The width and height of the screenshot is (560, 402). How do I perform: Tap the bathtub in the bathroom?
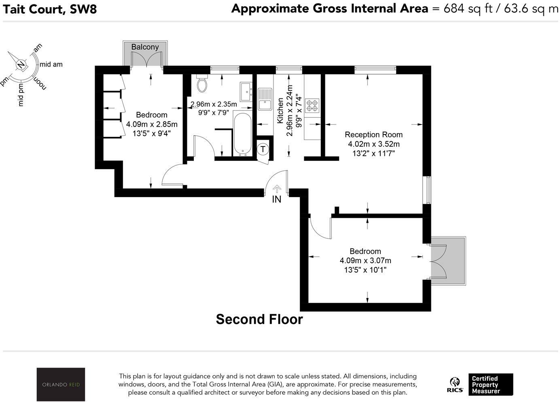pos(242,134)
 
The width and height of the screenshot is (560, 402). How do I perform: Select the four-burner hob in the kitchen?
pos(312,106)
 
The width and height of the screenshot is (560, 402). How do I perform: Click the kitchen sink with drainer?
pos(265,99)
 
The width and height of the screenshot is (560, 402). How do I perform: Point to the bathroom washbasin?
pos(246,91)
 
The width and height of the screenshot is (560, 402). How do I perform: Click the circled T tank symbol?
pos(263,149)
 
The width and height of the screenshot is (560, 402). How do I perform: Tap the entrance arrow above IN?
pos(277,189)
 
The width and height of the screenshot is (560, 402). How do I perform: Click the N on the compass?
pos(22,65)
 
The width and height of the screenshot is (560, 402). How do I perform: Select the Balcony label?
pos(145,47)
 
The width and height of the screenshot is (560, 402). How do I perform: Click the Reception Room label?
pos(373,134)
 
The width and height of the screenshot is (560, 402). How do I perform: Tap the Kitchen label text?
pos(280,111)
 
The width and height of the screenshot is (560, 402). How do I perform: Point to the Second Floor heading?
pos(259,319)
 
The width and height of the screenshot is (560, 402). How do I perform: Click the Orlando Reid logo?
pos(61,385)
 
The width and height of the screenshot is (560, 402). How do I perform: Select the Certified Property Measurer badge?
pos(491,385)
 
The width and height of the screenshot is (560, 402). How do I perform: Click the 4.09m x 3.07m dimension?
pos(365,261)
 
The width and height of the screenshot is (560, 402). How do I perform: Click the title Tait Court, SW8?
pos(50,9)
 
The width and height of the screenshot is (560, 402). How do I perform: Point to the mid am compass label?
pos(51,64)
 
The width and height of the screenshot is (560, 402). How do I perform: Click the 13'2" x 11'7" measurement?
pos(373,153)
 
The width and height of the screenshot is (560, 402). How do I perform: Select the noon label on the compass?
pos(40,84)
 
